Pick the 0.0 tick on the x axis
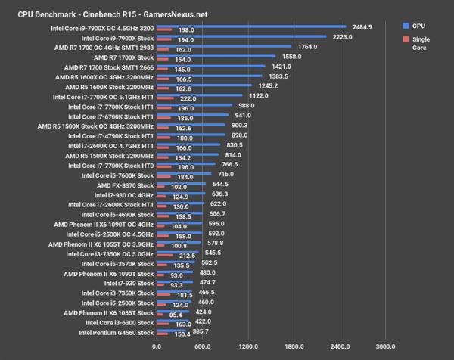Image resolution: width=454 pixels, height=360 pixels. pos(157,346)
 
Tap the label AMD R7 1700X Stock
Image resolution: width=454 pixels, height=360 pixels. pos(123,57)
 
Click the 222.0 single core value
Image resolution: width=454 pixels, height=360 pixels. pos(189,98)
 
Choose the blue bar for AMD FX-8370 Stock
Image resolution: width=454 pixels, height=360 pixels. pos(180,182)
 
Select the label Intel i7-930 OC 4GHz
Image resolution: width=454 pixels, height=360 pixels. pos(115,194)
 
